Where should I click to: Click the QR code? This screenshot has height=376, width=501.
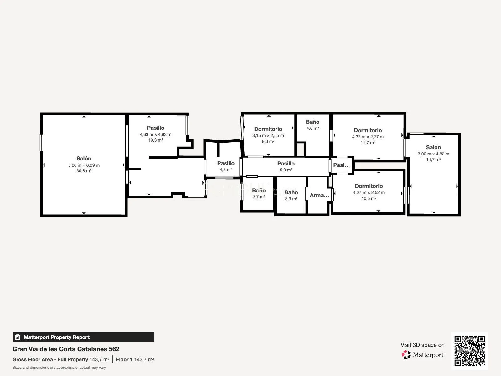click(469, 351)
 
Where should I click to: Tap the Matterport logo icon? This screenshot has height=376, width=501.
click(406, 355)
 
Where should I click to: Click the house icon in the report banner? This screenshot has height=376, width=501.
click(18, 337)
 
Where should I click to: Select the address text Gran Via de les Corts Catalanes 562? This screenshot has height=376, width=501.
click(66, 349)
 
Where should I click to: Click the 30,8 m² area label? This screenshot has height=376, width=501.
click(84, 171)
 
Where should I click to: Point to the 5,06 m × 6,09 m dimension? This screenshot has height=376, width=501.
click(84, 165)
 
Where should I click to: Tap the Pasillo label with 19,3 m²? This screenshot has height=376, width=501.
click(156, 128)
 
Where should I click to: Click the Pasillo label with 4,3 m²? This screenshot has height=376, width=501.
click(226, 163)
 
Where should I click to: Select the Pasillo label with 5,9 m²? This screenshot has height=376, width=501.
click(286, 164)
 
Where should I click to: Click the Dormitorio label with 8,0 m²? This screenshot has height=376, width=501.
click(268, 129)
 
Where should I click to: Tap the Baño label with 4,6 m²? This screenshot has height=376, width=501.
click(313, 122)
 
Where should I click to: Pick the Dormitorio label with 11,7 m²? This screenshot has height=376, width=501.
click(368, 130)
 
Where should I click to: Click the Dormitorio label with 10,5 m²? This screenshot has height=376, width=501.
click(369, 186)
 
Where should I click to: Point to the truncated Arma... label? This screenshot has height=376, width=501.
click(319, 195)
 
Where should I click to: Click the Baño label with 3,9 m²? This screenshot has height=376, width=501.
click(291, 192)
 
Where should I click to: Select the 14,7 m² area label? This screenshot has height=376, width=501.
click(433, 159)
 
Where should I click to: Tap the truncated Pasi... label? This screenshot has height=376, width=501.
click(341, 165)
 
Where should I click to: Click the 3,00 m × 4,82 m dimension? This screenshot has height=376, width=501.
click(433, 154)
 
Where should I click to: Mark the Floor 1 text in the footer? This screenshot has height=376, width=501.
click(124, 360)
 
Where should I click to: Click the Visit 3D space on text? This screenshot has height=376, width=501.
click(422, 345)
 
